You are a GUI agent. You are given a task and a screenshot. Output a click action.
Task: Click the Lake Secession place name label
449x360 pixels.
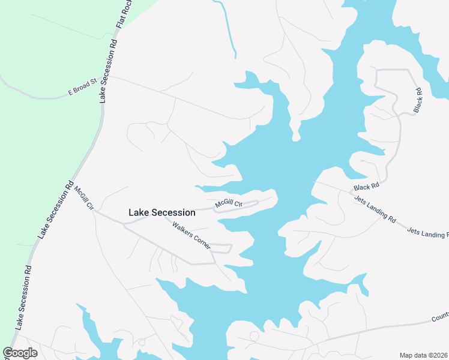[x=162, y=212]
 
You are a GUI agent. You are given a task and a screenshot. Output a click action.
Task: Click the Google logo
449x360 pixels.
[x=20, y=353]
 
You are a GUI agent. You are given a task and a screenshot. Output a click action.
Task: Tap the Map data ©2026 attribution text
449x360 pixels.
[x=423, y=355]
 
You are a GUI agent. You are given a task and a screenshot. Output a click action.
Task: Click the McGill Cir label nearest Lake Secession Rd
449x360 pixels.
[x=85, y=198]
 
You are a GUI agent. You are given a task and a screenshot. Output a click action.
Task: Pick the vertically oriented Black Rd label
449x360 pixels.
[x=418, y=100]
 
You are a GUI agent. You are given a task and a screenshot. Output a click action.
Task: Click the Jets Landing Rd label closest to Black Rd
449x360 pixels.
[x=375, y=210]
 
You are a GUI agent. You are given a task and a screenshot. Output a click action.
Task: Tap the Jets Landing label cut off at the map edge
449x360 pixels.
[x=428, y=233]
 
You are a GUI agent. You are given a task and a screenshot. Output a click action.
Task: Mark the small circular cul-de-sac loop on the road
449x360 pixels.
[x=254, y=336]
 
